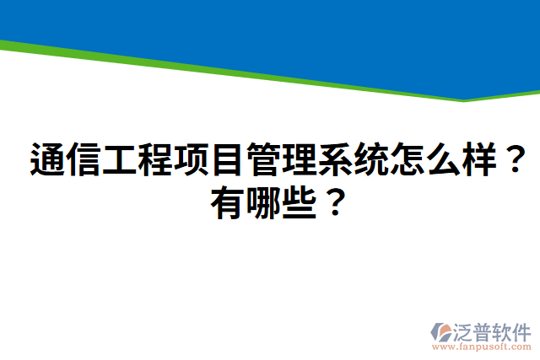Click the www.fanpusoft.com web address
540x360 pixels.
[x=482, y=346]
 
